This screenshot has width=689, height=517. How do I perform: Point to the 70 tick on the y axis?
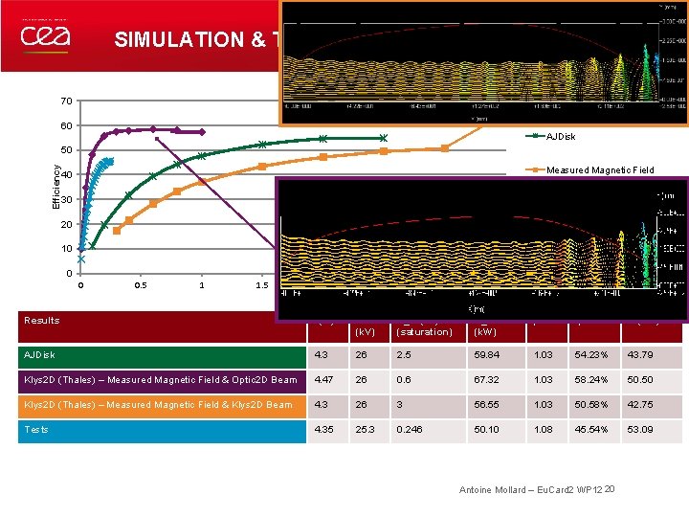[x=65, y=101]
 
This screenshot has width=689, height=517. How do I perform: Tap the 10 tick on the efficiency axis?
[x=65, y=249]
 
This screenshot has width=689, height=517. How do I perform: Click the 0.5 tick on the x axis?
[x=141, y=285]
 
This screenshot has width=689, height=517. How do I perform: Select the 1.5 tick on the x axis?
[x=261, y=285]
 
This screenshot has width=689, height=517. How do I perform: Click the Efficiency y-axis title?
[x=56, y=186]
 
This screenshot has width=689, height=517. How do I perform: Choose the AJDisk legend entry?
[x=561, y=136]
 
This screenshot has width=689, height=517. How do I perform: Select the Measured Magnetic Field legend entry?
[x=600, y=170]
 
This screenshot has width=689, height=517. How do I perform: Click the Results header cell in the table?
[x=42, y=321]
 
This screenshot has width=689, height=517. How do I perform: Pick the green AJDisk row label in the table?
[x=42, y=355]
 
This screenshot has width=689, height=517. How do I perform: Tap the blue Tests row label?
[x=37, y=429]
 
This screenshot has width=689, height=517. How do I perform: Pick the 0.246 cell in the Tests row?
[x=409, y=429]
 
